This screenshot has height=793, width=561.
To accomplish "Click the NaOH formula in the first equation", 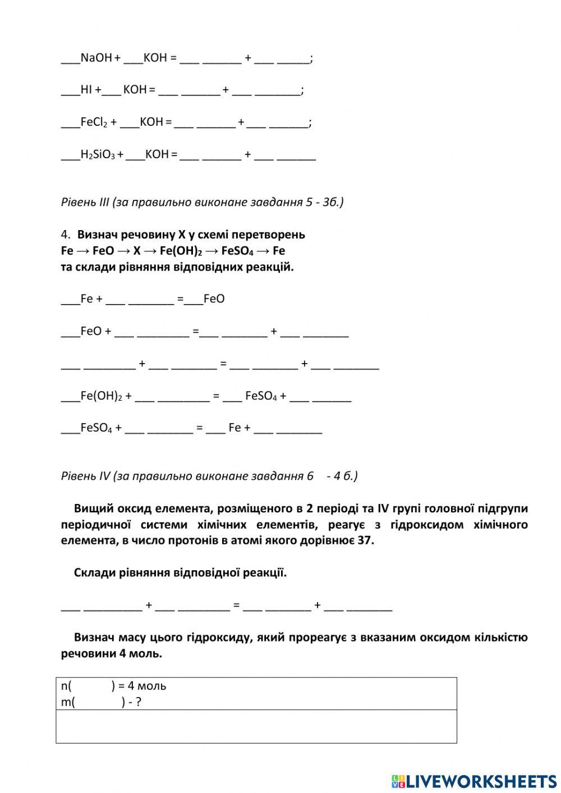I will [96, 58].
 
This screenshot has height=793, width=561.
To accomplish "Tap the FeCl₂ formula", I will [94, 122].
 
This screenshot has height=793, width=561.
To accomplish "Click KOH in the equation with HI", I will [135, 90].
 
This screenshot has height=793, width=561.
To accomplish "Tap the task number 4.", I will [65, 235].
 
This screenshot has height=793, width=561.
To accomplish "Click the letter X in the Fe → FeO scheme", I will [137, 251].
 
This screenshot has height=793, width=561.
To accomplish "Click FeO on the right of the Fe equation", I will [214, 299].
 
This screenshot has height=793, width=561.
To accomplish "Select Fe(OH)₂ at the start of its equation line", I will [101, 396].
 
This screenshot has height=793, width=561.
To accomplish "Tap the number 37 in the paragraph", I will [365, 540].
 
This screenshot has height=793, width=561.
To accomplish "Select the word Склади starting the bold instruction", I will [93, 573].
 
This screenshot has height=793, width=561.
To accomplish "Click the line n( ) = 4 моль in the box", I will [113, 686].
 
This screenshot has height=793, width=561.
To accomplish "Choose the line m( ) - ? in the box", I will [101, 702].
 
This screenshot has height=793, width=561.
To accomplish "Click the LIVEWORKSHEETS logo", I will [474, 781].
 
